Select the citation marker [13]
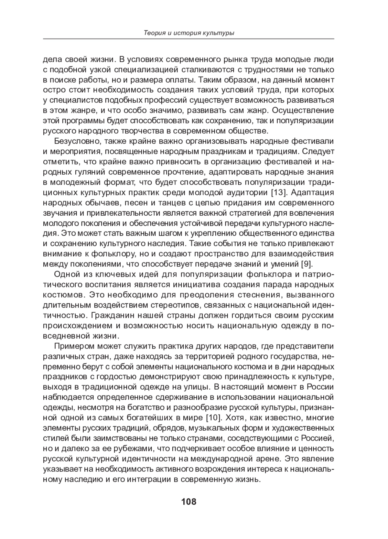pyautogui.click(x=279, y=193)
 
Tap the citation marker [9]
pyautogui.click(x=307, y=264)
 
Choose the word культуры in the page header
pyautogui.click(x=220, y=33)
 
